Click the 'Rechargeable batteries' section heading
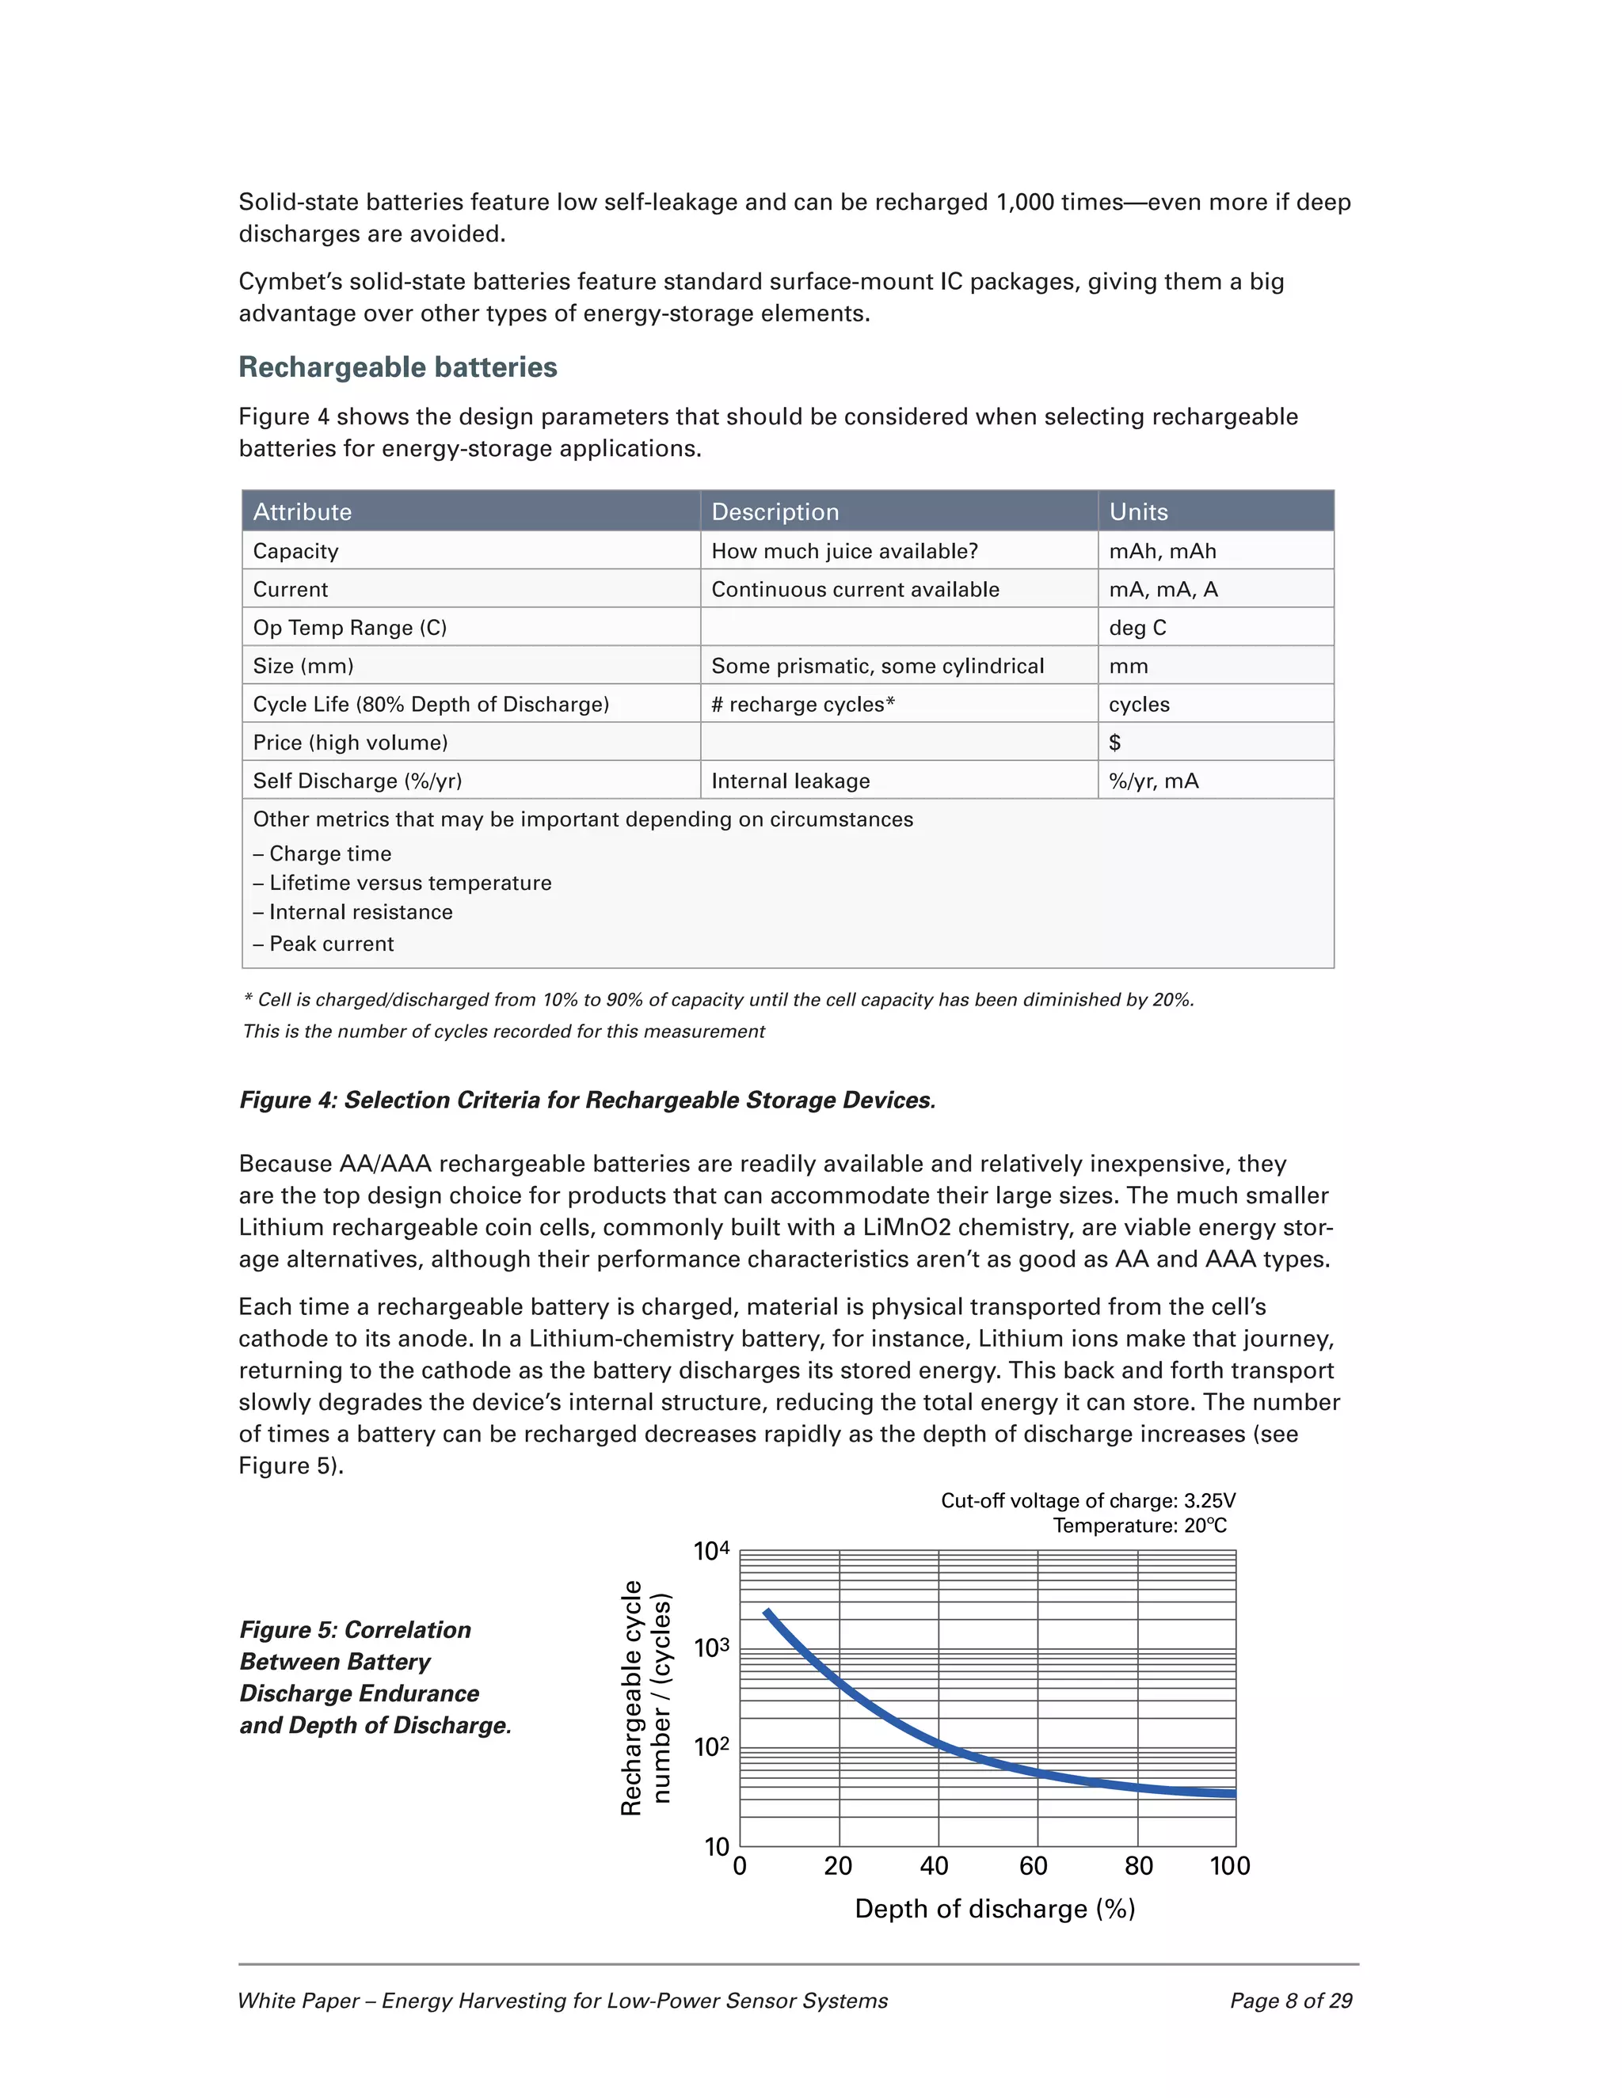(398, 367)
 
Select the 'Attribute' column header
(302, 512)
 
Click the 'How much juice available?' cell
(843, 551)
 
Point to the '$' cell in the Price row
(1114, 743)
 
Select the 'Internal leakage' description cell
(790, 781)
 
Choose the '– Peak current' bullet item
(323, 944)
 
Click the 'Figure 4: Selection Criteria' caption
(586, 1100)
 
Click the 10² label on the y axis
(711, 1747)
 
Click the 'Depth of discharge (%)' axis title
(995, 1909)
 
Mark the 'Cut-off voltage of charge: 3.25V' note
(1087, 1501)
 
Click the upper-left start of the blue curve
(767, 1612)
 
